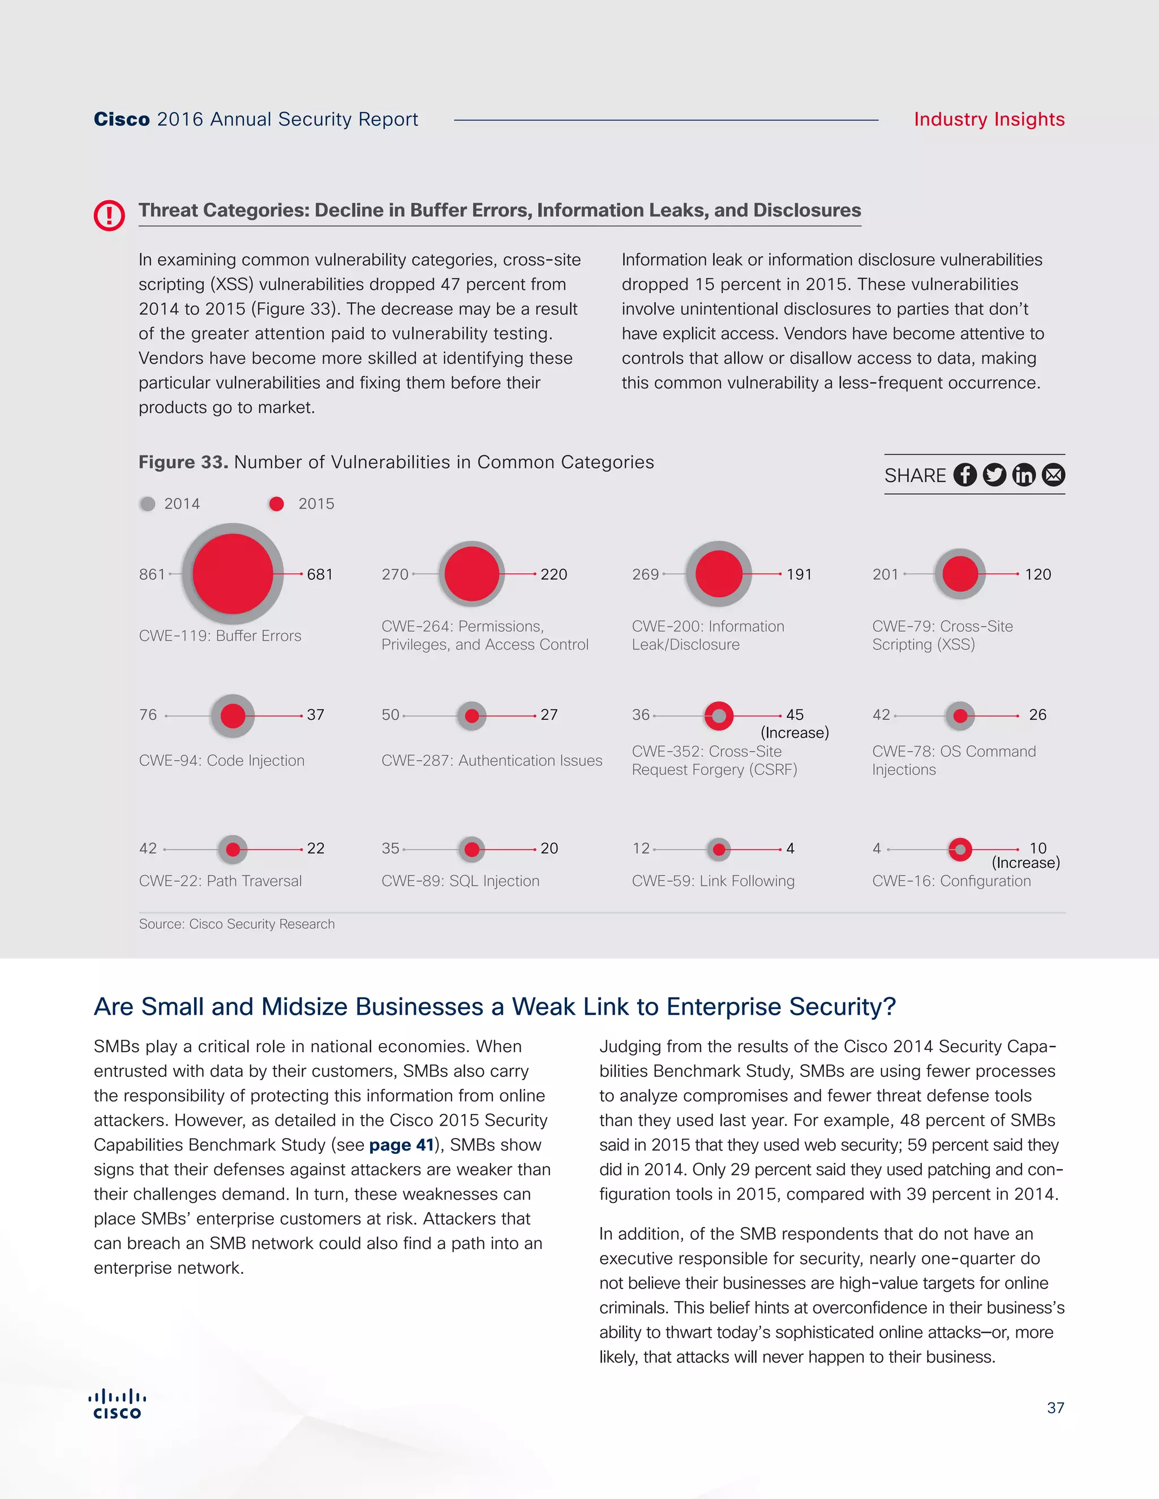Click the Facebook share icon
tap(965, 475)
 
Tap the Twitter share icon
tap(994, 475)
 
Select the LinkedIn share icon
tap(1024, 475)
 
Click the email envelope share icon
tap(1053, 475)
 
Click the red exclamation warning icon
tap(109, 216)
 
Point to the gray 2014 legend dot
tap(148, 505)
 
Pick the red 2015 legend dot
tap(277, 505)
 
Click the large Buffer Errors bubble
tap(233, 574)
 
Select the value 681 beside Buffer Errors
tap(319, 575)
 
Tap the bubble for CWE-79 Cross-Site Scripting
tap(960, 574)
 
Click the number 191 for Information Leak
tap(799, 575)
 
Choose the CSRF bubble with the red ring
tap(719, 716)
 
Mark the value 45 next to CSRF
tap(795, 715)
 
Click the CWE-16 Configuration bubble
tap(960, 850)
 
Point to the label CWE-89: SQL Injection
tap(460, 881)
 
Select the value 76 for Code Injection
tap(148, 715)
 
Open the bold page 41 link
tap(401, 1145)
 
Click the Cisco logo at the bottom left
tap(117, 1405)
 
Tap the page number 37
tap(1055, 1408)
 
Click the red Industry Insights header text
tap(989, 119)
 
